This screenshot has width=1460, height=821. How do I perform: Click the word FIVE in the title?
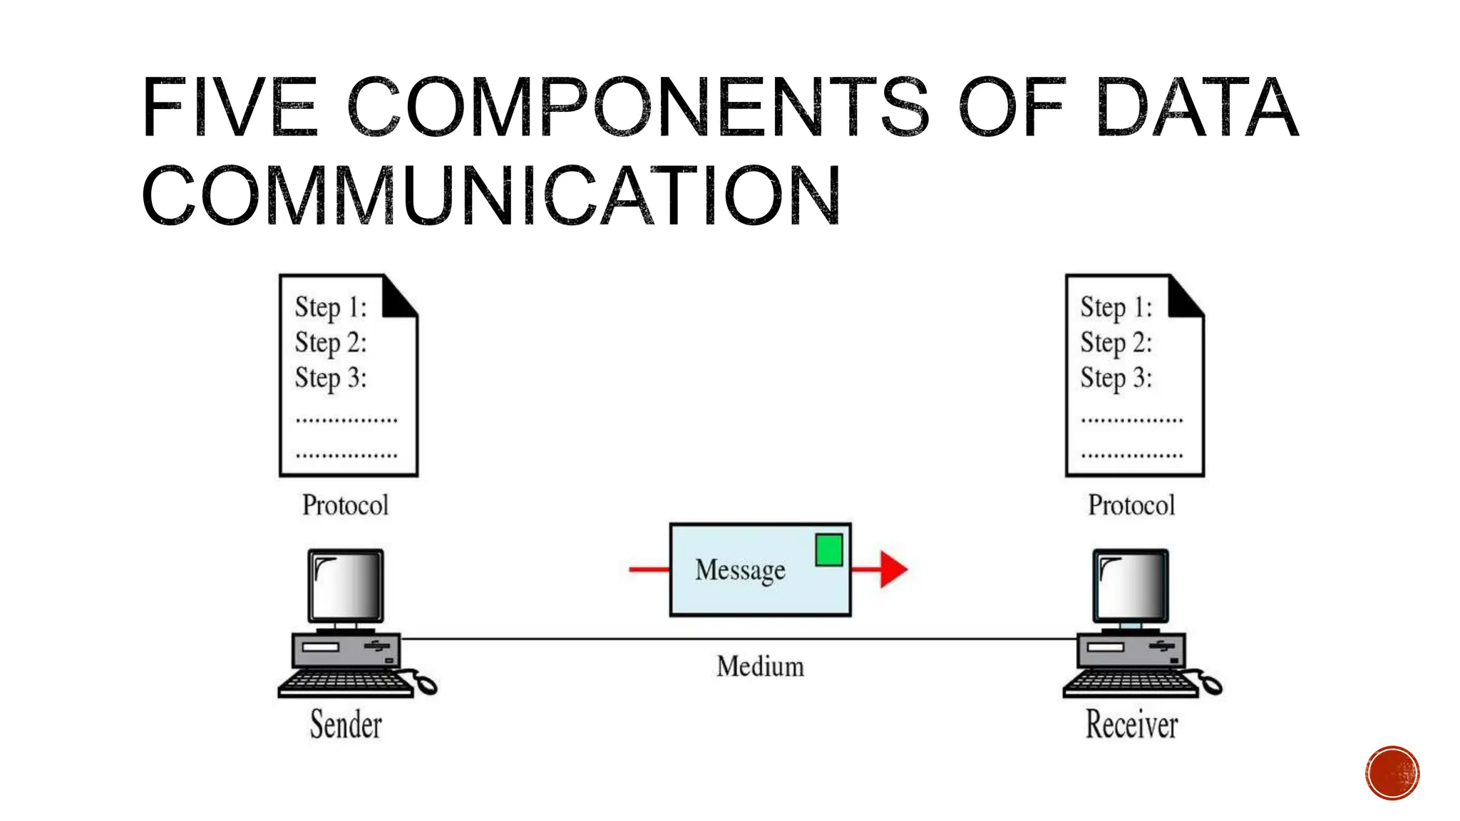(230, 108)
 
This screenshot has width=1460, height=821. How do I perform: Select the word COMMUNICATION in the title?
(492, 196)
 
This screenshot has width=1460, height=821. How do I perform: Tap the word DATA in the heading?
(1198, 108)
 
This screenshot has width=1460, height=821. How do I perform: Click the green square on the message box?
(829, 550)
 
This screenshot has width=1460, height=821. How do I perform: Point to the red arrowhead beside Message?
(893, 569)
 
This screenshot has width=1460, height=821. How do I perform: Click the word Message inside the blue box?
(740, 570)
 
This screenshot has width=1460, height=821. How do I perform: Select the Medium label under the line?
(760, 666)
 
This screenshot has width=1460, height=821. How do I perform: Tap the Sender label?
(346, 725)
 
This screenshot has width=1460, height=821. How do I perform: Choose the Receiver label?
(1131, 725)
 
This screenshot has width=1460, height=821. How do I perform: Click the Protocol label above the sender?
(345, 505)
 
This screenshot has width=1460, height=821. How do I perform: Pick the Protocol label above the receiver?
(1131, 505)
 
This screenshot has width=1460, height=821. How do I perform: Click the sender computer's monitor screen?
(346, 586)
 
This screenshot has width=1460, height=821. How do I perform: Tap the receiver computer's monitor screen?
(1131, 586)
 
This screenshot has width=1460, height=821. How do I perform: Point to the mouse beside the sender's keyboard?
(426, 686)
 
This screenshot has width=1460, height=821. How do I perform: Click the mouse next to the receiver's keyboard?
(1211, 686)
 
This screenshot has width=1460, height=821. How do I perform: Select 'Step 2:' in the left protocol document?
(331, 343)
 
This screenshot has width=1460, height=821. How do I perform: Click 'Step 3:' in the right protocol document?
(1116, 378)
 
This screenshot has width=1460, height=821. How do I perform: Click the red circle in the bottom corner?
(1392, 773)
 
